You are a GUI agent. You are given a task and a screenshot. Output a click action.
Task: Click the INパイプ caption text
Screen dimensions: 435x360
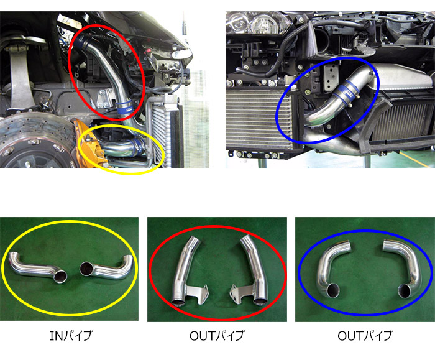pos(71,336)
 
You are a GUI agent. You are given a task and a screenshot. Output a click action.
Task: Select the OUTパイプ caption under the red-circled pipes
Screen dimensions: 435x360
pos(217,336)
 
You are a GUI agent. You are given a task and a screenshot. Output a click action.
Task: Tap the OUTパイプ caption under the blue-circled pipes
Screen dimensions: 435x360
pos(365,336)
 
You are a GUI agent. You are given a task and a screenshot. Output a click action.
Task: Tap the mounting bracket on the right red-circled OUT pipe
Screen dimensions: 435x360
pos(241,293)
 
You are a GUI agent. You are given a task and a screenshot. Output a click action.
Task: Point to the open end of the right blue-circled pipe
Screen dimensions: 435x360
pos(405,291)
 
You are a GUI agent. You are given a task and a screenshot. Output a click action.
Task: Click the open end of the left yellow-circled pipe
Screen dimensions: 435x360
pos(60,277)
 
